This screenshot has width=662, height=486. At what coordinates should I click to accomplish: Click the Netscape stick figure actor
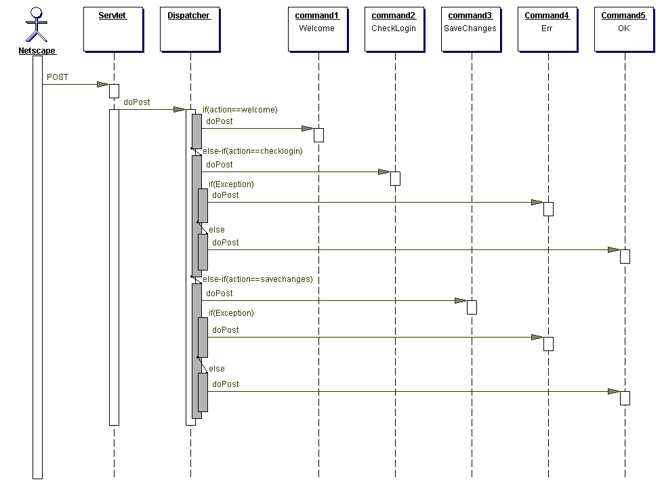point(37,26)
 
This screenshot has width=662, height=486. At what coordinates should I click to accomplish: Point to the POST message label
point(58,77)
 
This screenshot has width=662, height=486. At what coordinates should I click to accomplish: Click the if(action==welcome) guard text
point(240,110)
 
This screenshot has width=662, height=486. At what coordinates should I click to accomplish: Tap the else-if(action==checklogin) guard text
point(253,151)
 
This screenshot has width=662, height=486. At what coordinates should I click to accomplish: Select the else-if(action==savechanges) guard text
point(257,279)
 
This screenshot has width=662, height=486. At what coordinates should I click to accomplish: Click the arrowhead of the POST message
point(102,85)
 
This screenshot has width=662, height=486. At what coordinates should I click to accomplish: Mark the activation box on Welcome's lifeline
point(318,135)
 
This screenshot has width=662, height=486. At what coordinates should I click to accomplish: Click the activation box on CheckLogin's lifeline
point(395,178)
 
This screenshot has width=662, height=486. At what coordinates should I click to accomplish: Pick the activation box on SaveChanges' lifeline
point(472,307)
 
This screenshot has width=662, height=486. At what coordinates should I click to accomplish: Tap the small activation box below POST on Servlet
point(114,91)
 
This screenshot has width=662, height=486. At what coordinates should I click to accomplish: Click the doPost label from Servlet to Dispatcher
point(137,102)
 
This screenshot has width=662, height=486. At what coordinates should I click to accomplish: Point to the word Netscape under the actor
point(37,51)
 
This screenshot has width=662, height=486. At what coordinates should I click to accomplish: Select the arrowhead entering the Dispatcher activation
point(179,109)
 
